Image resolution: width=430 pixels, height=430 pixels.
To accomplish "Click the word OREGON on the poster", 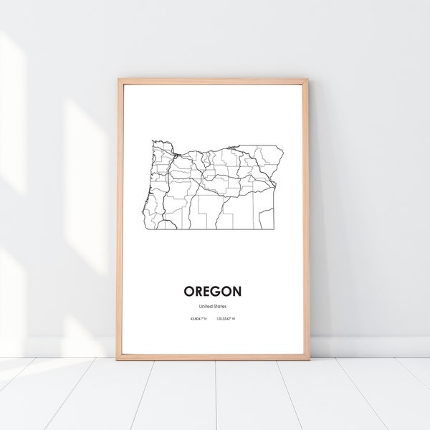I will [x=213, y=291].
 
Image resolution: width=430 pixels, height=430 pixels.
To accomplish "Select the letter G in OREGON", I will [x=219, y=291].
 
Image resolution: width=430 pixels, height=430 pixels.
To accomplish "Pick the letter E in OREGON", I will [x=209, y=291].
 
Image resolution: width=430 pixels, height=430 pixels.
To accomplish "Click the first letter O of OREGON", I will [x=189, y=291].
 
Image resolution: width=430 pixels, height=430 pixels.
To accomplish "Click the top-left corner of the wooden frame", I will [x=117, y=81].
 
